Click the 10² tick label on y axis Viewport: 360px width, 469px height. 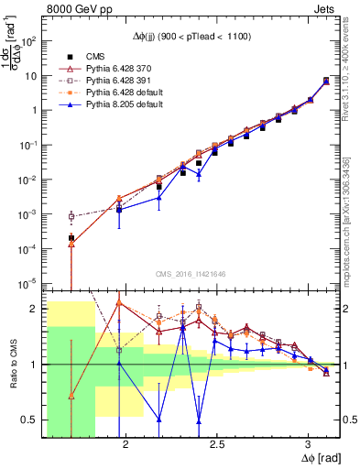click(x=31, y=41)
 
